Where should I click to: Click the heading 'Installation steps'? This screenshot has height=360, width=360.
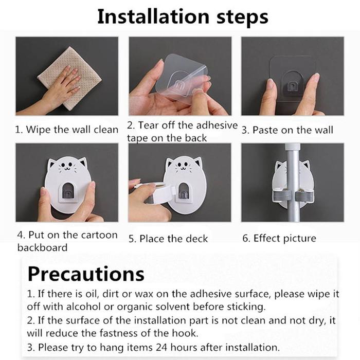click(183, 17)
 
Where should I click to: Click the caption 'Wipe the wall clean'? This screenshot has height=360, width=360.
click(72, 130)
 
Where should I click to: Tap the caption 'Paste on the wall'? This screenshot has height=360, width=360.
click(293, 130)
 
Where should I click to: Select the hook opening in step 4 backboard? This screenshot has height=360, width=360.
click(68, 190)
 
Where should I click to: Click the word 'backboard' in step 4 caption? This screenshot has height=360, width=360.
click(42, 248)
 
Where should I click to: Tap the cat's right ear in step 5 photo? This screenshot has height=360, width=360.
click(198, 161)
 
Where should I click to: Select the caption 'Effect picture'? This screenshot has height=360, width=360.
click(285, 238)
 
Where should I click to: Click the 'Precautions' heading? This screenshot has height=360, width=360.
click(86, 274)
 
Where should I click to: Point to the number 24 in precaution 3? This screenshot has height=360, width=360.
click(162, 348)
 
